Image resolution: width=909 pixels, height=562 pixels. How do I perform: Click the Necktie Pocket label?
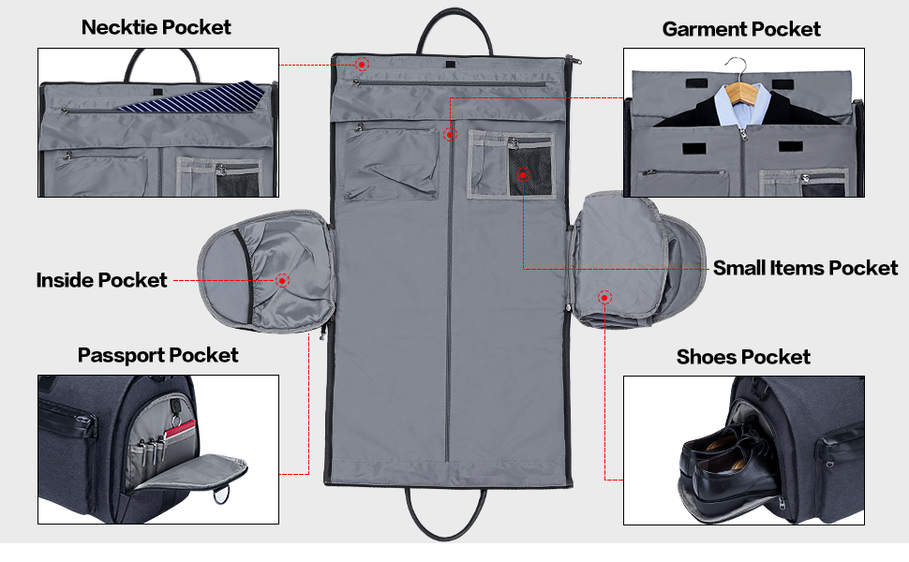pyautogui.click(x=156, y=26)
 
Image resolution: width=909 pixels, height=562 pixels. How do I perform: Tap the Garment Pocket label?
pyautogui.click(x=740, y=28)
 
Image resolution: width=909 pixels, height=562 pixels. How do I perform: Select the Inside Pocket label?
pyautogui.click(x=101, y=280)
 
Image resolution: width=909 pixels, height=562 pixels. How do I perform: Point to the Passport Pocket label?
pyautogui.click(x=157, y=355)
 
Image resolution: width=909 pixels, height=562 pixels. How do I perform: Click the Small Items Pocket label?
pyautogui.click(x=805, y=268)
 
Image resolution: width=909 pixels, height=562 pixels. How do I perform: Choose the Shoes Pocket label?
pyautogui.click(x=742, y=357)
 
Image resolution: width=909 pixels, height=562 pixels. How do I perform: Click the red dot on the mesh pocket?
pyautogui.click(x=523, y=174)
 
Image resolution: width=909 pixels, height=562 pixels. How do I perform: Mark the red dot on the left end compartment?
pyautogui.click(x=282, y=280)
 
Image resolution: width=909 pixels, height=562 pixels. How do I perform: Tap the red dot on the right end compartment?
pyautogui.click(x=604, y=297)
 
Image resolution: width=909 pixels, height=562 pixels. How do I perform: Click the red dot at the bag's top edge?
pyautogui.click(x=363, y=64)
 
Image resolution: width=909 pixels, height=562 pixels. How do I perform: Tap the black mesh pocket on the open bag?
pyautogui.click(x=526, y=171)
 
